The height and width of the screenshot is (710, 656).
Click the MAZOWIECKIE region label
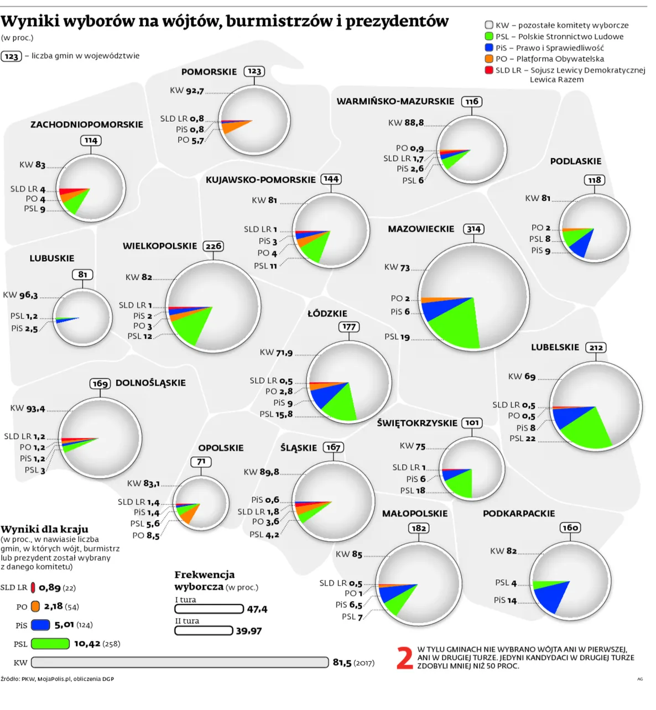coord(420,229)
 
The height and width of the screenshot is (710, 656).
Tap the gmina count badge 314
coord(473,229)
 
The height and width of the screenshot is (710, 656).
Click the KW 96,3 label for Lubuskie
coord(20,295)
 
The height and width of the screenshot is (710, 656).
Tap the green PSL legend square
coord(489,36)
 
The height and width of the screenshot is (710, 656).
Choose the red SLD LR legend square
coord(489,70)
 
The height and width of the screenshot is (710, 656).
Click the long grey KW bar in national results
coord(180,662)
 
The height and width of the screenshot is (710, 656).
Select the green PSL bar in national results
coord(50,644)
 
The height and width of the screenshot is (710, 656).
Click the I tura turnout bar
coord(209,609)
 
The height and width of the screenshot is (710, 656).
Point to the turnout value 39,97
coord(249,631)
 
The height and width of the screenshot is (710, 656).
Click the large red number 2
coord(405,658)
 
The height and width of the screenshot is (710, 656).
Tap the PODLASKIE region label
coord(575,161)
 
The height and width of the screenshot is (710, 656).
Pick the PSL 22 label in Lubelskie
coord(523,438)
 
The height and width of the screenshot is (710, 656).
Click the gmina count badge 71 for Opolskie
coord(201,462)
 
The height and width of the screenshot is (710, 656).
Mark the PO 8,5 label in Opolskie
coord(146,535)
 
